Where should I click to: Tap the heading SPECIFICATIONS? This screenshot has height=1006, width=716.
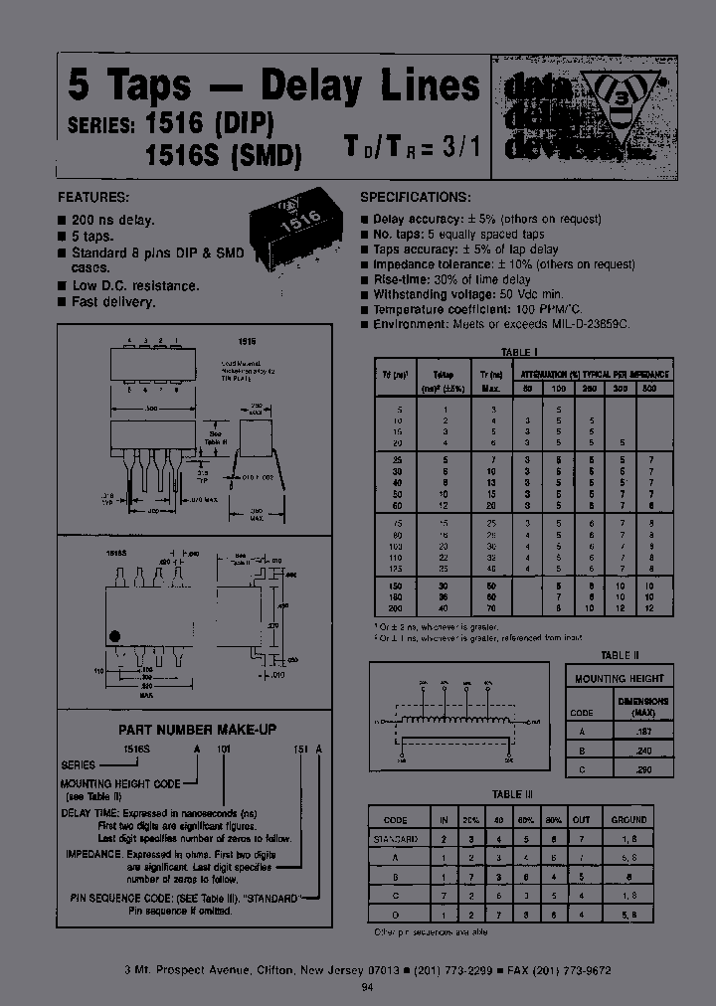click(415, 198)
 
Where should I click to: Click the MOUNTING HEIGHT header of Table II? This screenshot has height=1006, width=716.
click(620, 678)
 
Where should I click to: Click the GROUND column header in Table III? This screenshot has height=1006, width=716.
click(629, 820)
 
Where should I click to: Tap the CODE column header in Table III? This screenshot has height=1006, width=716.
click(395, 820)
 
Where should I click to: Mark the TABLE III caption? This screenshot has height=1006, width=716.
click(513, 794)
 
